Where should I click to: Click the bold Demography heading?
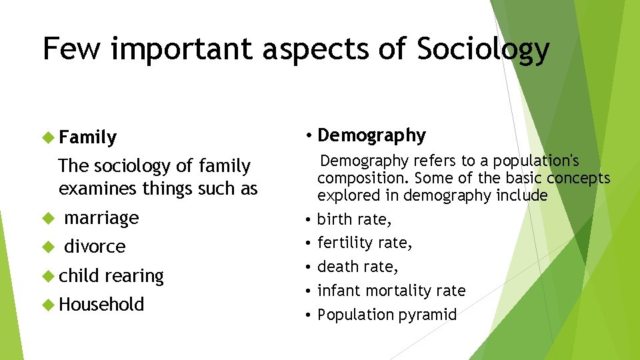(x=371, y=136)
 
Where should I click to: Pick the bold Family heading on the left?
(x=87, y=138)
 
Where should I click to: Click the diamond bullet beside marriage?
(x=47, y=218)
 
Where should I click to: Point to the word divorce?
(x=95, y=247)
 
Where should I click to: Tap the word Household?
(x=101, y=305)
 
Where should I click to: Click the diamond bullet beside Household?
(x=47, y=305)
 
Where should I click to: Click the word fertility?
(x=347, y=243)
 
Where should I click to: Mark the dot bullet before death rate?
(x=309, y=267)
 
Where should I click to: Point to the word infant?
(x=337, y=291)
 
